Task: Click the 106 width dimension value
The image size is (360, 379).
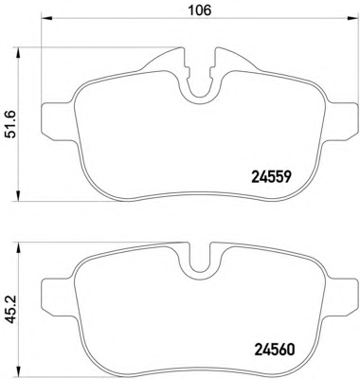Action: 199,10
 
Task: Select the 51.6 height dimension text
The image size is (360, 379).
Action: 11,124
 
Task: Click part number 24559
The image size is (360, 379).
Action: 271,177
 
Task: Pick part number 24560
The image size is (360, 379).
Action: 274,349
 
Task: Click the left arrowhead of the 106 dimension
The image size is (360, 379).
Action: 46,18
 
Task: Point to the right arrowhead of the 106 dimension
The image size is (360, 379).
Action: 353,18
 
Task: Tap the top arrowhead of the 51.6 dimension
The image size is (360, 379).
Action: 19,52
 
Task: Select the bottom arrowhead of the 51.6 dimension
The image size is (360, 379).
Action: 19,196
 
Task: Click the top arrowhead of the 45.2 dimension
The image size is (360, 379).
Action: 19,247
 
